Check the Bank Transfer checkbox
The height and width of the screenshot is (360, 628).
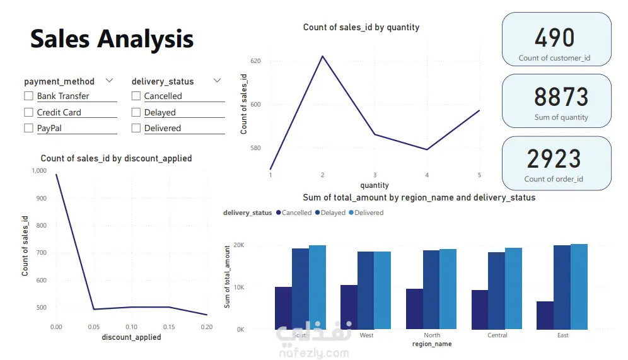pyautogui.click(x=28, y=96)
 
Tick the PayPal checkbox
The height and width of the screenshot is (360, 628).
pyautogui.click(x=28, y=128)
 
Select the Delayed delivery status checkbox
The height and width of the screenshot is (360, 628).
pyautogui.click(x=136, y=112)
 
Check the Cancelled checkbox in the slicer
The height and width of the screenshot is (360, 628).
pyautogui.click(x=136, y=96)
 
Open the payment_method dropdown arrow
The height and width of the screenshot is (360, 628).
pyautogui.click(x=109, y=81)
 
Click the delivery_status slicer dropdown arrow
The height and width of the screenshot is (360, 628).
pyautogui.click(x=217, y=81)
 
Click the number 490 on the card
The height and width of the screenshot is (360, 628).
pyautogui.click(x=555, y=38)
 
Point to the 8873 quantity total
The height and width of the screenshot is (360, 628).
pyautogui.click(x=561, y=97)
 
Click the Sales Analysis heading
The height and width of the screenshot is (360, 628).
pyautogui.click(x=112, y=39)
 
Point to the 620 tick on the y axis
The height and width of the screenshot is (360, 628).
pyautogui.click(x=255, y=61)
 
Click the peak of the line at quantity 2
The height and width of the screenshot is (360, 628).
pyautogui.click(x=323, y=56)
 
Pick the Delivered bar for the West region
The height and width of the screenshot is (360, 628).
pyautogui.click(x=382, y=290)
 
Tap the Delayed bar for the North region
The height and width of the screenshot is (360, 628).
pyautogui.click(x=431, y=289)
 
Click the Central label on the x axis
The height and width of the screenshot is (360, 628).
pyautogui.click(x=497, y=335)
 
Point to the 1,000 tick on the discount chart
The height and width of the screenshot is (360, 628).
pyautogui.click(x=38, y=170)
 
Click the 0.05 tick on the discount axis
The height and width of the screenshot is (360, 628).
pyautogui.click(x=94, y=327)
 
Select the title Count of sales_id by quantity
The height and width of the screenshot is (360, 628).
pyautogui.click(x=361, y=27)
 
